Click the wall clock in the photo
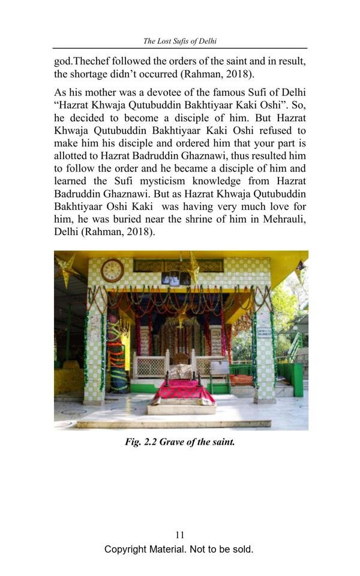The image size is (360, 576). click(112, 271)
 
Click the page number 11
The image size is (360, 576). click(179, 535)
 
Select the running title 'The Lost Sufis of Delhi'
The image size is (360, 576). click(179, 41)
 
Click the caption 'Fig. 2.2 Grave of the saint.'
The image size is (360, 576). click(179, 442)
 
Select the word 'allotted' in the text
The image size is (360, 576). click(71, 155)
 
